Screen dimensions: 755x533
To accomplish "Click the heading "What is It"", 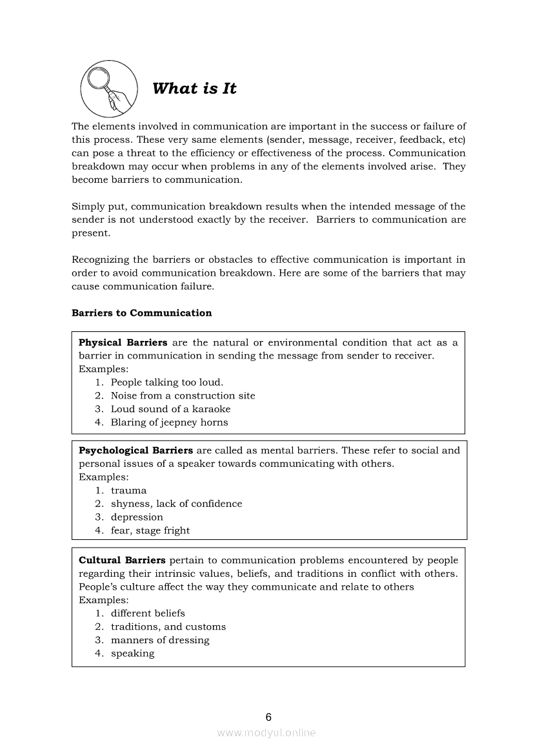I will point(194,88).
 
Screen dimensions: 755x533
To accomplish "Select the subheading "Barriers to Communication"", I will point(141,313).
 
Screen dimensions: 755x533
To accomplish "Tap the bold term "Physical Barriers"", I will point(123,343).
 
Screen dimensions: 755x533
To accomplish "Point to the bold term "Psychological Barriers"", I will point(136,450).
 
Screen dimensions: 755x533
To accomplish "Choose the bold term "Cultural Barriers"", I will point(122,561).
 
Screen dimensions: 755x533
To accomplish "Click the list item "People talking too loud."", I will point(166,382).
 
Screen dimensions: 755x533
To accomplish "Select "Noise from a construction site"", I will point(183,396).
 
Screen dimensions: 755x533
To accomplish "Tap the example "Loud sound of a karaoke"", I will point(170,409).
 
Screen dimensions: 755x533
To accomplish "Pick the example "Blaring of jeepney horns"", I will point(169,422).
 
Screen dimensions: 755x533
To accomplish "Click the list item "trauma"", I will point(128,491).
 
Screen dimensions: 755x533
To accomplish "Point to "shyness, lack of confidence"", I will point(176,504).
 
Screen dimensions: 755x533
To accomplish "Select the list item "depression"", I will point(137,517).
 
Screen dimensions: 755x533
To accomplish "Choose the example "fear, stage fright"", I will point(150,531).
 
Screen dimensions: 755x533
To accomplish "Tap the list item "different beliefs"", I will point(148,614).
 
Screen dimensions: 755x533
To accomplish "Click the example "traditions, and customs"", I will point(168,627).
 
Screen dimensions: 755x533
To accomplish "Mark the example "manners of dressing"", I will point(160,640).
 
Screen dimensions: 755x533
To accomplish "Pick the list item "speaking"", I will point(132,654).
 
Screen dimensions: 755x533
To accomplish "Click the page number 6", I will point(268,717).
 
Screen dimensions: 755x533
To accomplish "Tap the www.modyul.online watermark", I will point(266,733).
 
